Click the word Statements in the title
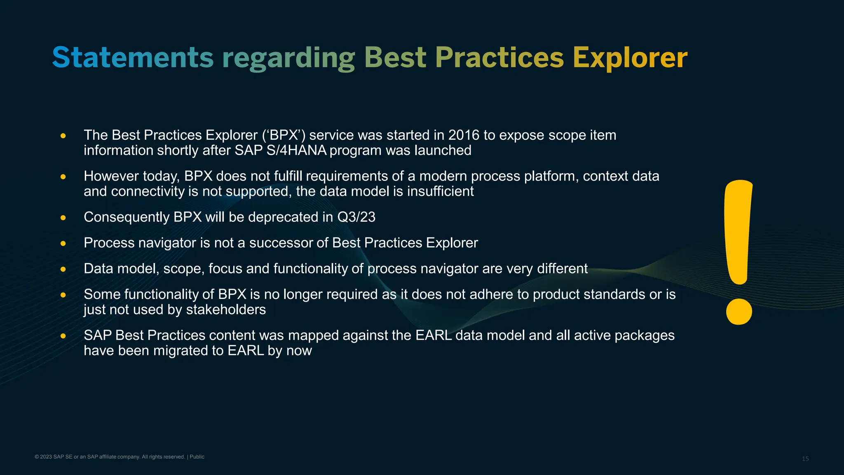tap(133, 57)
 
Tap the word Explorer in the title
tap(630, 57)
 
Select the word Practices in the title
tap(499, 57)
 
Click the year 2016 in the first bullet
tap(464, 135)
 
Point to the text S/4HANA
tap(296, 150)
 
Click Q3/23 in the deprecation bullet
tap(356, 217)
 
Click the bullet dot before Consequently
tap(63, 218)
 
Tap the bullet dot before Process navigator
tap(63, 243)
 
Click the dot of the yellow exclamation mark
tap(739, 312)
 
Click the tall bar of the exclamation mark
tap(738, 231)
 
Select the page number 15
tap(805, 459)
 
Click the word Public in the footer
tap(197, 457)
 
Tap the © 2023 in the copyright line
tap(43, 457)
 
